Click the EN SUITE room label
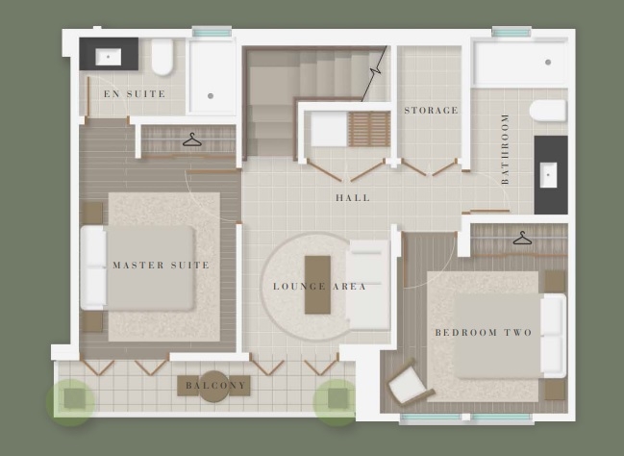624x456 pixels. (135, 94)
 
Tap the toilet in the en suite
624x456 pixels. (162, 57)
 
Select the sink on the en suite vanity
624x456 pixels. (109, 57)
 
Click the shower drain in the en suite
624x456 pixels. (211, 96)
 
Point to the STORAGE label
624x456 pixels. (431, 111)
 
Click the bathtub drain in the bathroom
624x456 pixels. (548, 63)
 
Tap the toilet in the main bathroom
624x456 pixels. (548, 111)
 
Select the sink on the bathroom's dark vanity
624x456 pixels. (548, 175)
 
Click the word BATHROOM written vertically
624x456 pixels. (505, 149)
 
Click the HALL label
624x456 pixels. (353, 197)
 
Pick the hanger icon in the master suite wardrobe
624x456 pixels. (192, 139)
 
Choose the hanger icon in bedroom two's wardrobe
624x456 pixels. (522, 239)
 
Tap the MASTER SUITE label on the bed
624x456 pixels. (162, 266)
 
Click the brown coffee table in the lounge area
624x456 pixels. (317, 285)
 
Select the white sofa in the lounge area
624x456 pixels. (367, 285)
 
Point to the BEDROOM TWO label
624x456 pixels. (484, 333)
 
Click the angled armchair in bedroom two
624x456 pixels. (410, 383)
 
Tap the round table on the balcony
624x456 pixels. (213, 386)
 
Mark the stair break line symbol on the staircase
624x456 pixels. (374, 74)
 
